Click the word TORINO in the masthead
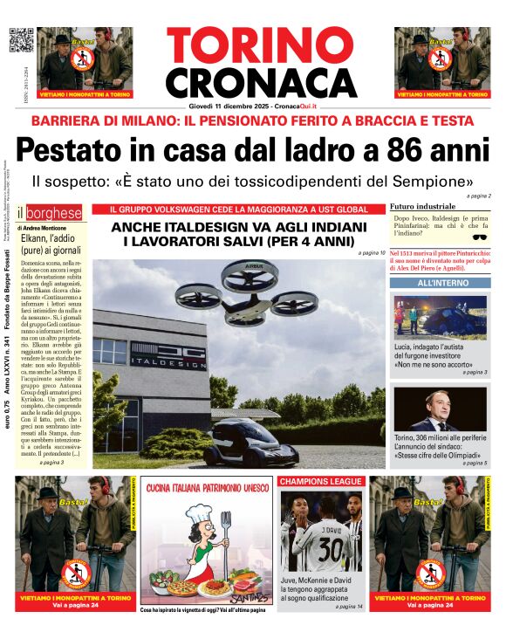coord(253,46)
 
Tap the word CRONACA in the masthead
coord(253,83)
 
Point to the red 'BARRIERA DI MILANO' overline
coord(253,120)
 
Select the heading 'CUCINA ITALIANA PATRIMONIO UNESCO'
coord(206,487)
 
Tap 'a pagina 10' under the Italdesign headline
coord(371,252)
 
